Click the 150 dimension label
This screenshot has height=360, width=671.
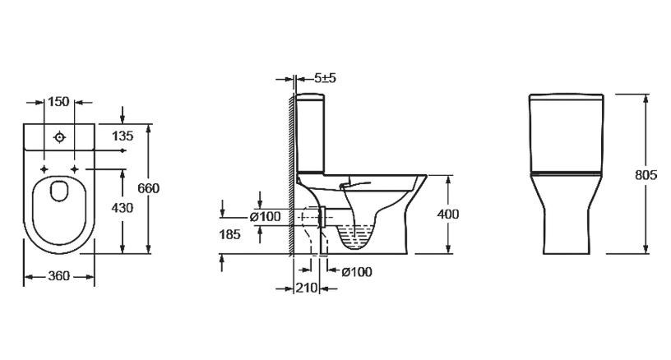click(58, 102)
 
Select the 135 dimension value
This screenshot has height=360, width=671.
click(123, 136)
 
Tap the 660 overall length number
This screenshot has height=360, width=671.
click(149, 188)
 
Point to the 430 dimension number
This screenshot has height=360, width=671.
click(123, 208)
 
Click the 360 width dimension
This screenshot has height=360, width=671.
click(58, 276)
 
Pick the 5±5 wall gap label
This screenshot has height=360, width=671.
click(326, 78)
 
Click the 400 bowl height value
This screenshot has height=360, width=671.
click(448, 214)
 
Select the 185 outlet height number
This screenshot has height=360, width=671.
click(230, 234)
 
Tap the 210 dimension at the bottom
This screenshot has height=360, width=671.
click(307, 288)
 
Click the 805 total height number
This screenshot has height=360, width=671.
click(646, 175)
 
